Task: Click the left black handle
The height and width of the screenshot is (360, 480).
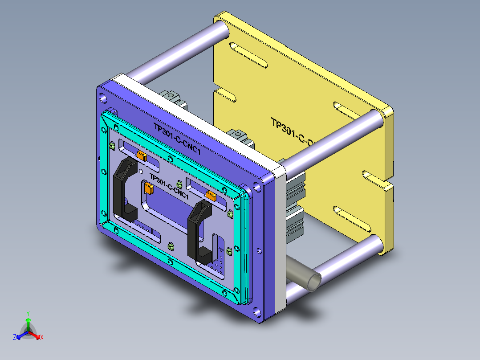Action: [121, 187]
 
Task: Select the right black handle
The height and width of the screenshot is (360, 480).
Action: [196, 232]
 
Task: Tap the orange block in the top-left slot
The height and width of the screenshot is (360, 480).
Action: [142, 155]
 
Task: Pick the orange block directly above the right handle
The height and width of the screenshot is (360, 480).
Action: [211, 195]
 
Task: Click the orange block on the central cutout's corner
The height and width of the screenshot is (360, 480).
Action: [149, 189]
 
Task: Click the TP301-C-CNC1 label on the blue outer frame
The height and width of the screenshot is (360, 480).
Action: [177, 139]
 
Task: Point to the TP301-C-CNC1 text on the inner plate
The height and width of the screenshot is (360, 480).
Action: [168, 186]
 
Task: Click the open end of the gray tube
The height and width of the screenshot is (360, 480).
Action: [315, 282]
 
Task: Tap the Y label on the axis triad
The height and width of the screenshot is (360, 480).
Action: [28, 313]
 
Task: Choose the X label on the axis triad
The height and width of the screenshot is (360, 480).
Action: [41, 337]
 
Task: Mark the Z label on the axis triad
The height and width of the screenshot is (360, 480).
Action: [15, 337]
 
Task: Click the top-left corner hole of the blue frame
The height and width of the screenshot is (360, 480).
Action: [103, 97]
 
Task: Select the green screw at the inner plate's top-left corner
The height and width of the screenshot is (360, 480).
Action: [112, 146]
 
